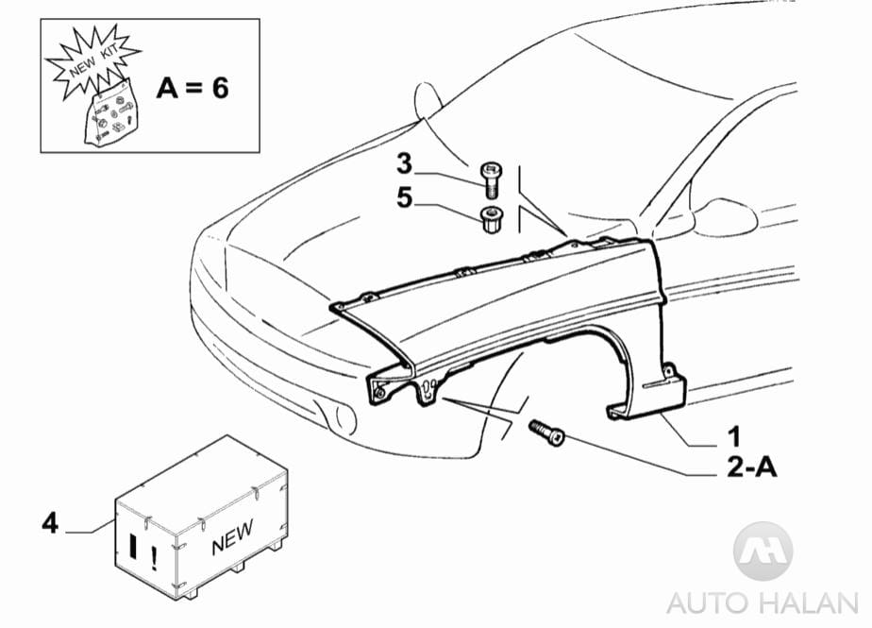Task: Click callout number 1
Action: [732, 437]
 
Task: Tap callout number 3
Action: [404, 163]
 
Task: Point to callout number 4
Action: [50, 520]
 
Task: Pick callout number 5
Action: [404, 200]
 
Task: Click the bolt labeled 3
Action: [491, 175]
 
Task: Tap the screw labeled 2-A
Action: [548, 433]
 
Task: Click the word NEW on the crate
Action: [232, 538]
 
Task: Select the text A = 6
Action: [193, 88]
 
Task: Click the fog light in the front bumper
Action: [334, 414]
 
